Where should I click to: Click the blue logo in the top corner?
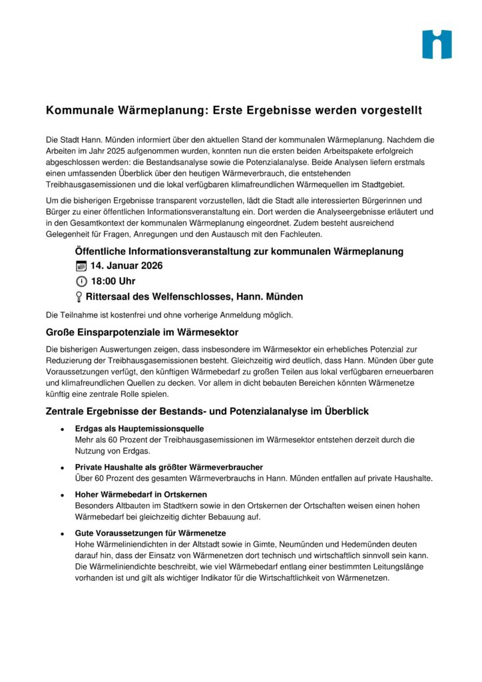click(x=437, y=45)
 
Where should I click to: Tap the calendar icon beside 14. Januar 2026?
click(x=81, y=266)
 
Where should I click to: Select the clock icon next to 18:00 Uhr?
click(x=81, y=281)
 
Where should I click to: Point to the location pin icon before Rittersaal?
click(x=79, y=297)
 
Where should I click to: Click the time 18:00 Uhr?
click(x=113, y=281)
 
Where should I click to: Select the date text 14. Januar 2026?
click(x=126, y=266)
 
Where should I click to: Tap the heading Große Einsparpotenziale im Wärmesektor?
click(x=142, y=332)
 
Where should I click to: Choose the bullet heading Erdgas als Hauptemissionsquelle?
click(x=139, y=428)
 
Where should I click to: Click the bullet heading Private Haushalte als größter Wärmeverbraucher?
click(x=168, y=467)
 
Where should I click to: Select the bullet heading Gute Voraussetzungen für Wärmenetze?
click(x=150, y=533)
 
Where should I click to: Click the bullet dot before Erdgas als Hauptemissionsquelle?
click(x=62, y=429)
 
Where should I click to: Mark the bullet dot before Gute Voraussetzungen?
click(x=62, y=533)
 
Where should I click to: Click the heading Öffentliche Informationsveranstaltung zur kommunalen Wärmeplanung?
click(x=239, y=251)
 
